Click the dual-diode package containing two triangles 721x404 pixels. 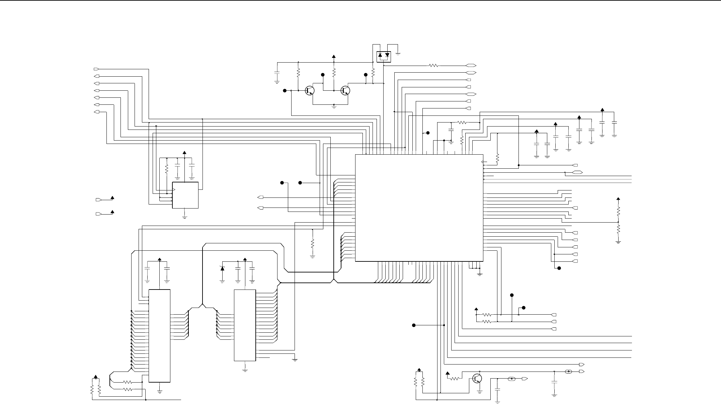pos(384,56)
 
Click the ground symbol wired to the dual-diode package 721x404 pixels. pos(398,53)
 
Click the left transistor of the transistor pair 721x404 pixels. pos(310,90)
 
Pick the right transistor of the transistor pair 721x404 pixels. pos(345,90)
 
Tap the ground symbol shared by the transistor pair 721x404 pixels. pos(334,107)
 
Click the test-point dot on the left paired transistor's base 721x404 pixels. pos(285,90)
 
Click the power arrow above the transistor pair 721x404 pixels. pos(334,57)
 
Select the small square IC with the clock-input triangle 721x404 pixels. pos(185,195)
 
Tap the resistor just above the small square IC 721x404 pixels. pos(166,169)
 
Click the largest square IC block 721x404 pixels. pos(419,208)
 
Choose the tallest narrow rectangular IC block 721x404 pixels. pos(159,336)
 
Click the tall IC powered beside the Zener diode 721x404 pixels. pos(245,325)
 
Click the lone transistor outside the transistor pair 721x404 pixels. pos(477,379)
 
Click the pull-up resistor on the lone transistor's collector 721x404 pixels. pos(455,379)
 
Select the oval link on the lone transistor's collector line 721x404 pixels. pos(568,372)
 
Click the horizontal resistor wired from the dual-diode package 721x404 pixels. pos(433,66)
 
